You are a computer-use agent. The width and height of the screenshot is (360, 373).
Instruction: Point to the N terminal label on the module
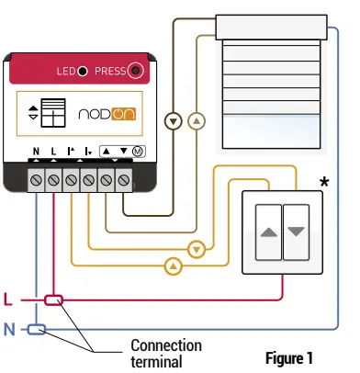coord(36,150)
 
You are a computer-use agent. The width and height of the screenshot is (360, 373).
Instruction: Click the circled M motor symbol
coord(137,150)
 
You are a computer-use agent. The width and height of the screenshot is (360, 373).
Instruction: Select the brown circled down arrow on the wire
coord(170,120)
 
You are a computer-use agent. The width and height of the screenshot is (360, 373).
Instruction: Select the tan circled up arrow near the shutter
coord(194,120)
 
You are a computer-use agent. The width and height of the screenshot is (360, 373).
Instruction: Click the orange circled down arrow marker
coord(195,249)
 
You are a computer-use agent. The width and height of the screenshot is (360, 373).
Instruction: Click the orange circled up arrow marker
coord(171,267)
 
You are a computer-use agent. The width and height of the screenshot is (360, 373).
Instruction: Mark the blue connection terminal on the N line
coord(36,328)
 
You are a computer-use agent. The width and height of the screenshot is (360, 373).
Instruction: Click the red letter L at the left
coord(8,300)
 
